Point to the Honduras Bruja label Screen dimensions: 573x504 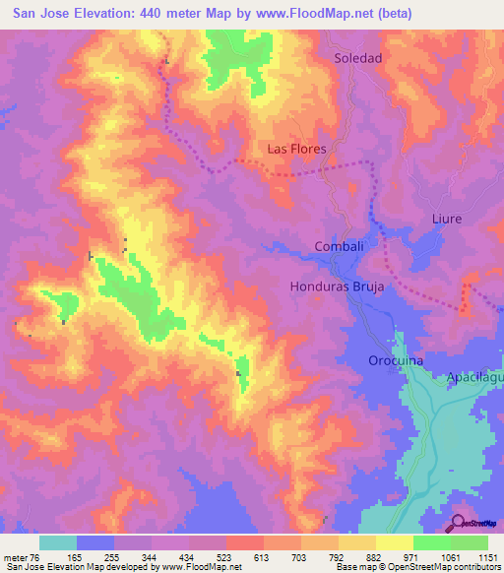[336, 287]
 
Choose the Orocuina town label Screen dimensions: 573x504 [396, 361]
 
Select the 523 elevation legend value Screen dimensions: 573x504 [225, 556]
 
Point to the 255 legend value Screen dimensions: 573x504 [113, 556]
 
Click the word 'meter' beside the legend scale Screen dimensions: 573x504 [14, 556]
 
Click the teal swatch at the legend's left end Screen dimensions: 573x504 [58, 542]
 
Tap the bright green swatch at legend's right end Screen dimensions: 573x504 [470, 542]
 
